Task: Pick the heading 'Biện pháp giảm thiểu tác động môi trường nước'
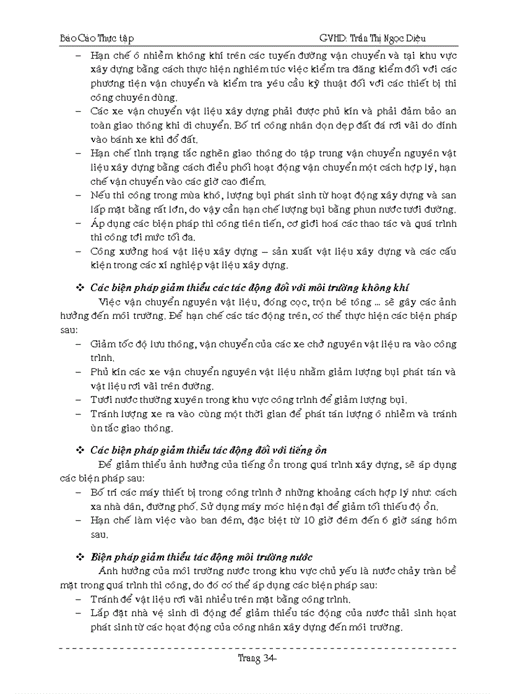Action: tap(202, 557)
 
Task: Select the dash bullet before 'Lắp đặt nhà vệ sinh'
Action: tap(79, 613)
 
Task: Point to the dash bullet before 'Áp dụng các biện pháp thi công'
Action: tap(79, 224)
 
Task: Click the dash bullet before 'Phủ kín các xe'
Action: tap(79, 372)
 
